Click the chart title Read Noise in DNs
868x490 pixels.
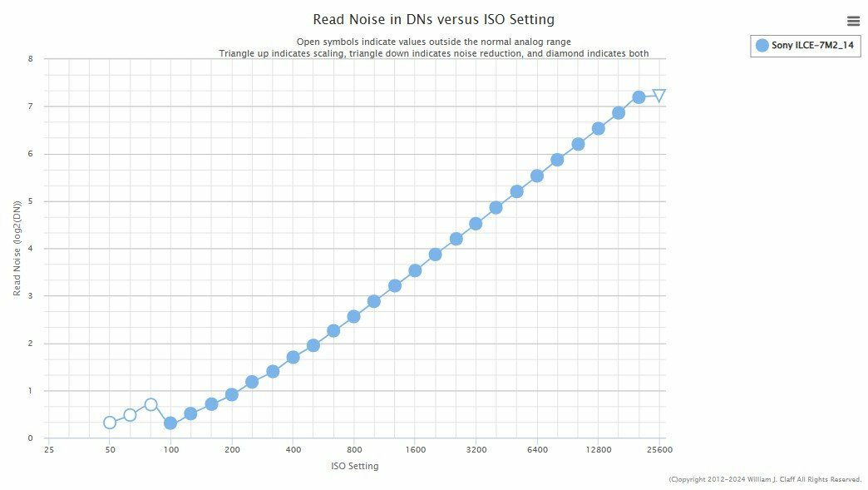[433, 19]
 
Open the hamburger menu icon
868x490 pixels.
[853, 22]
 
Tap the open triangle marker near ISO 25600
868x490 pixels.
[659, 96]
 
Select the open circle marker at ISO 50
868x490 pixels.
[110, 423]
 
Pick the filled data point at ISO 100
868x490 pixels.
[170, 423]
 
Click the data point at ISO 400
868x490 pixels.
[293, 358]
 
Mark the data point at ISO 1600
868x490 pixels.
[415, 270]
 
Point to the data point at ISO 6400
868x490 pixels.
[537, 176]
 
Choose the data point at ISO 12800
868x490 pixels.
[598, 128]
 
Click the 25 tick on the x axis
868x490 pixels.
[49, 450]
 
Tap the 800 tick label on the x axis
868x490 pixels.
[354, 450]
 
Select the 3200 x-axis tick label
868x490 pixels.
[476, 450]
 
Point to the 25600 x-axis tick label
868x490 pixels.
[659, 450]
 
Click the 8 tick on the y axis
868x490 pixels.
[31, 59]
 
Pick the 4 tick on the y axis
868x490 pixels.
[31, 249]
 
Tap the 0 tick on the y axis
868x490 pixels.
[31, 438]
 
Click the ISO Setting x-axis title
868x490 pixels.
[354, 467]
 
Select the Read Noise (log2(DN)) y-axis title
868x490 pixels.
[17, 249]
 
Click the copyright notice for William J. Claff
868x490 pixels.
[765, 480]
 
